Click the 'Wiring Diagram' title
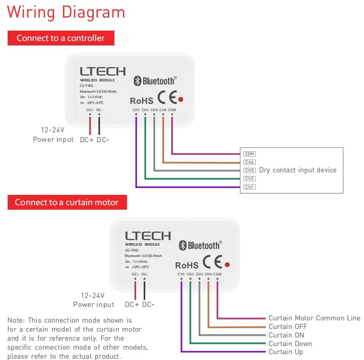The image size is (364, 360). tap(66, 12)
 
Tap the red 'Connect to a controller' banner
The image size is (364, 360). tap(60, 38)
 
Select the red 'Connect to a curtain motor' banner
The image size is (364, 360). tap(67, 202)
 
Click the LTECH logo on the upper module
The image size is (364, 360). tap(103, 71)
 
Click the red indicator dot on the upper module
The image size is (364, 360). tap(181, 99)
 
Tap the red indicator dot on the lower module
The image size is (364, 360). tap(227, 264)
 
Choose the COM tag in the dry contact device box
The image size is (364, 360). tap(250, 154)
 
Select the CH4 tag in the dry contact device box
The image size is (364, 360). tap(250, 162)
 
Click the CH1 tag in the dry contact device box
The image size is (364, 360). tap(250, 187)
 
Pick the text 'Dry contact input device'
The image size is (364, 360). tap(298, 170)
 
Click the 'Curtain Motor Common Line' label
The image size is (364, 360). tap(314, 318)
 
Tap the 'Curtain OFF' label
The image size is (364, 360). tap(287, 327)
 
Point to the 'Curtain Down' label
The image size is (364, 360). tap(290, 344)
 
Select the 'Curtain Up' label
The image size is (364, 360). tap(286, 352)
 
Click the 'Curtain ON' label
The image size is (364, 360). tap(286, 335)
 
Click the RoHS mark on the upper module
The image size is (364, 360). tap(141, 101)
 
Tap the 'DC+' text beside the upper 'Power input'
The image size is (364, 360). tap(87, 140)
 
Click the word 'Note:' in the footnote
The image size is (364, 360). tap(16, 320)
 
